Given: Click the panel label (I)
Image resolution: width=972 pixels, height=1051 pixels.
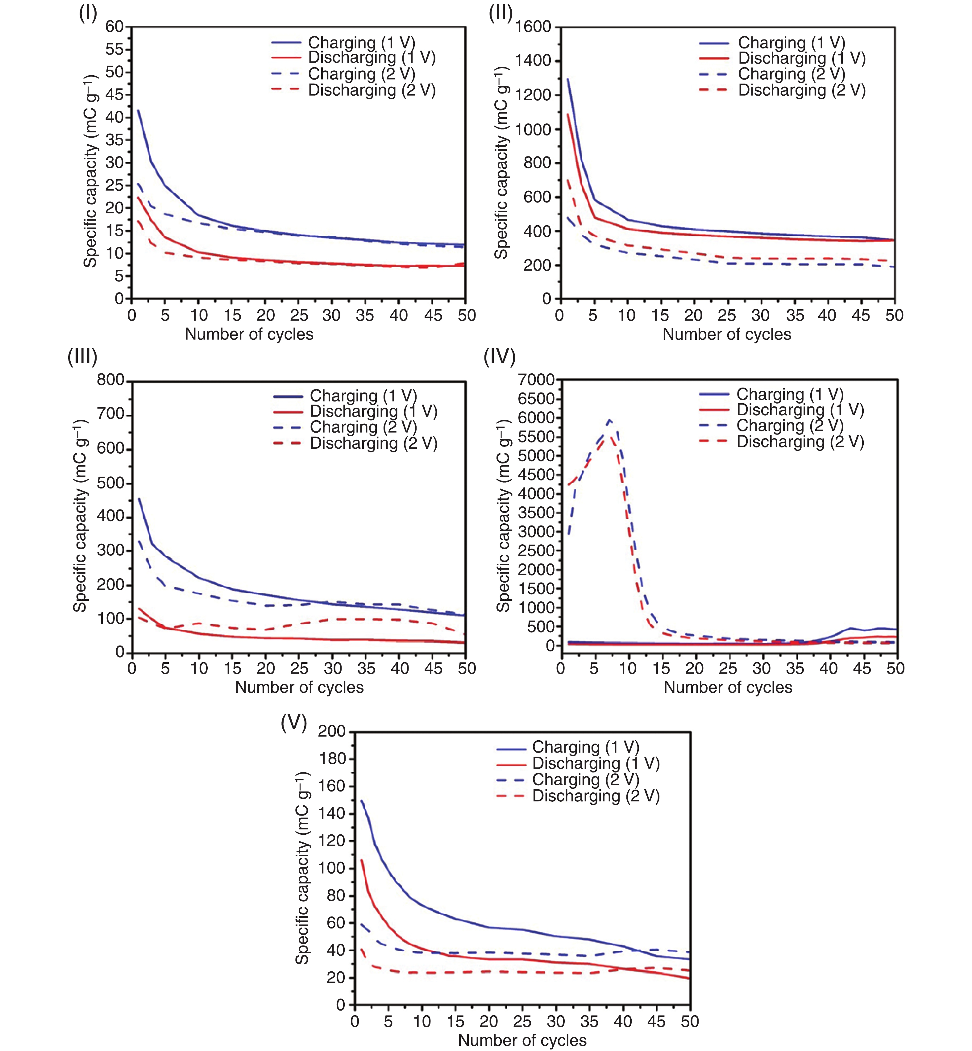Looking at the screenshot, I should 88,14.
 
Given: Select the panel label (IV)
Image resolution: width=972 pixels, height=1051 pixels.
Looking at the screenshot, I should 499,357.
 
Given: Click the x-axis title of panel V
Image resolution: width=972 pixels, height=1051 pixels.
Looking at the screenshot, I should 522,1040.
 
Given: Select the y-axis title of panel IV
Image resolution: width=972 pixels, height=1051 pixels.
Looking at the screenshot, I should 503,516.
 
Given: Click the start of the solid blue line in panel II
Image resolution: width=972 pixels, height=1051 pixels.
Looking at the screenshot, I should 568,79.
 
